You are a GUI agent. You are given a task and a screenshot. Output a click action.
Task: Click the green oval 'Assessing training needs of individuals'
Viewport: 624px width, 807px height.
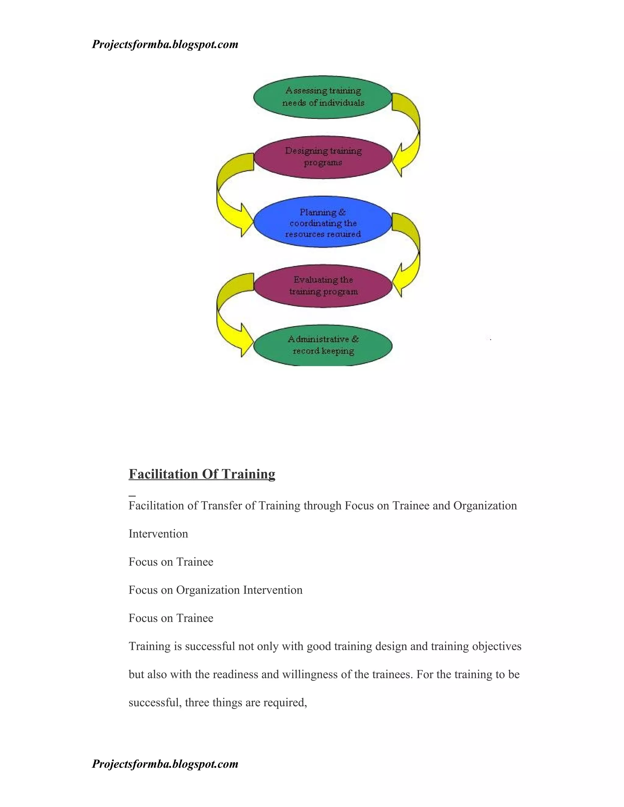(322, 97)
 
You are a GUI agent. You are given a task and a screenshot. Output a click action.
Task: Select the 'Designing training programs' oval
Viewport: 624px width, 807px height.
(322, 157)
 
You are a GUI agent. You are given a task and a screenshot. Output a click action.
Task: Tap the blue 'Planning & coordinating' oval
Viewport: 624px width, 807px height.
(322, 222)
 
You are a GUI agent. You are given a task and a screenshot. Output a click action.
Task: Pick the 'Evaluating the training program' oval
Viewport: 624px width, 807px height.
(322, 286)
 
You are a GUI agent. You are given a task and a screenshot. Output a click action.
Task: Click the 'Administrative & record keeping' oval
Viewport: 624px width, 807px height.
(322, 346)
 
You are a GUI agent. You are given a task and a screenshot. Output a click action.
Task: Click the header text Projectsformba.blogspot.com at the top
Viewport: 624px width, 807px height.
(165, 45)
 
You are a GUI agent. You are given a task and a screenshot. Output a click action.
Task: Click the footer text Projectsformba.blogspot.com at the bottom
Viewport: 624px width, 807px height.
(165, 764)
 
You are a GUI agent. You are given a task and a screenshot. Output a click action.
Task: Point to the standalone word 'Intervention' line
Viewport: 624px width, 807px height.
(158, 534)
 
